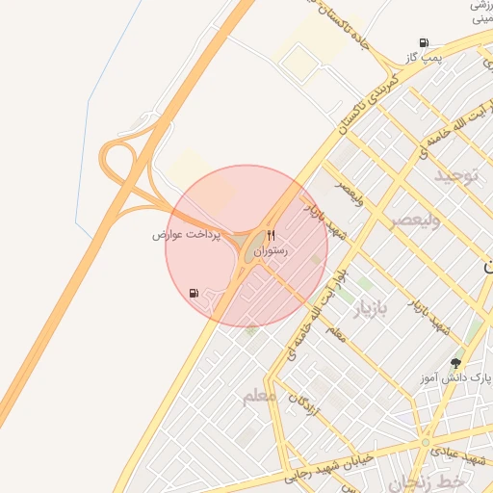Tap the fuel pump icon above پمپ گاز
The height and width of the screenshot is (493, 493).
tap(425, 42)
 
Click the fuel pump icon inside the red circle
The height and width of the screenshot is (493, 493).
tap(195, 293)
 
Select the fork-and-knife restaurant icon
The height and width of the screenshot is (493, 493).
tap(271, 235)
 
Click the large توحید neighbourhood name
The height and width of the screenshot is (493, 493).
tap(454, 176)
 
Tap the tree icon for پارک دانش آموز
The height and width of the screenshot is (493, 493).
tap(455, 363)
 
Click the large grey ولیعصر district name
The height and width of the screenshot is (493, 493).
tap(415, 220)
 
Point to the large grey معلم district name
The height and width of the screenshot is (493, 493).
tap(259, 396)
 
